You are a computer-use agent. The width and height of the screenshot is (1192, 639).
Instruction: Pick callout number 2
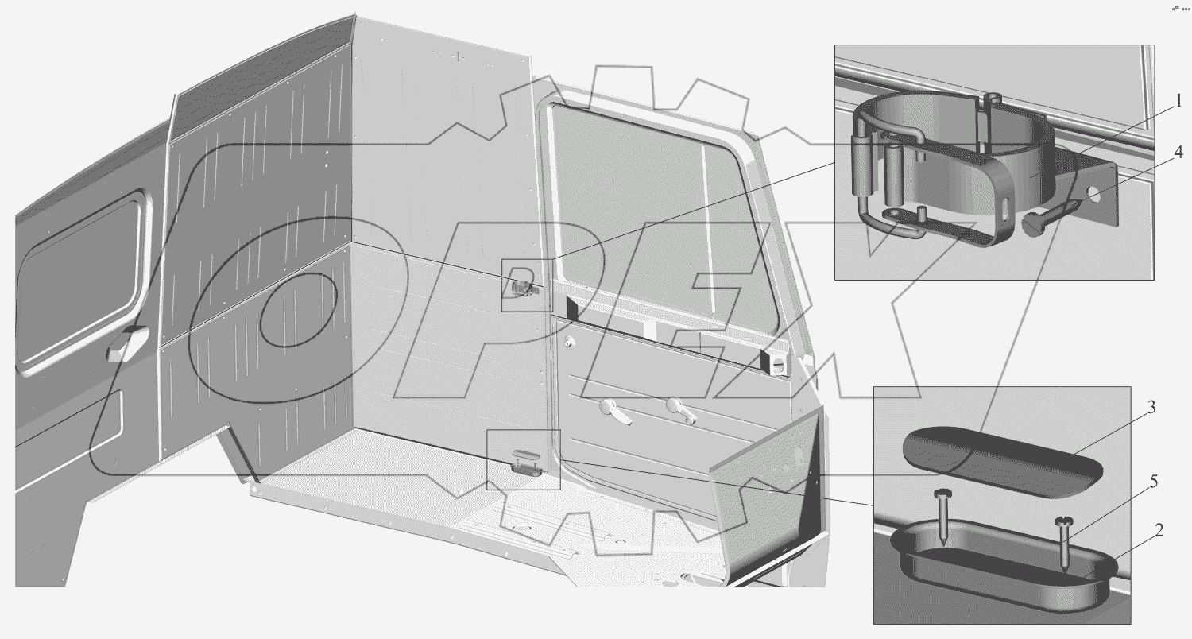point(1159,532)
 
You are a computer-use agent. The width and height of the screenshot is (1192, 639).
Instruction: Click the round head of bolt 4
point(1032,226)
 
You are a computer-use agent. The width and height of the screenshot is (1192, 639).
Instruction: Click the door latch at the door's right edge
point(777,364)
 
